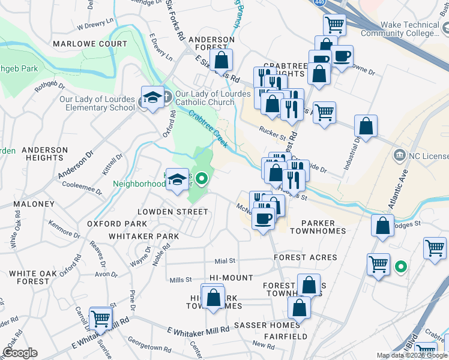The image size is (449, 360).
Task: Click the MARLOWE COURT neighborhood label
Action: (x=89, y=44)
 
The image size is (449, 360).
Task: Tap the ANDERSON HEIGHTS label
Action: (x=44, y=154)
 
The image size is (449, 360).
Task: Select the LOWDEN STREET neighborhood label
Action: (x=172, y=212)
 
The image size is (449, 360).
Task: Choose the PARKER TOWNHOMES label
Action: (x=318, y=231)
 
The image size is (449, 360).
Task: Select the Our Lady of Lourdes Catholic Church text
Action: (x=212, y=98)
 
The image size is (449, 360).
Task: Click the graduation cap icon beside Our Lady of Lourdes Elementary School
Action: (x=152, y=98)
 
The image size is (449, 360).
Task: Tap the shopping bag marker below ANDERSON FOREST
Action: (x=221, y=60)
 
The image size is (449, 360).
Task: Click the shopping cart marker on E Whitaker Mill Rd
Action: (x=100, y=319)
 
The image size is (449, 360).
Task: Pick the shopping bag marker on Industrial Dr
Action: (x=366, y=127)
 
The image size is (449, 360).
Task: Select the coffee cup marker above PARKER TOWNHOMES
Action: (x=262, y=218)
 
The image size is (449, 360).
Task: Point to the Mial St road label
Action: (x=224, y=261)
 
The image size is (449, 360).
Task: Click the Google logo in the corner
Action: (x=20, y=353)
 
